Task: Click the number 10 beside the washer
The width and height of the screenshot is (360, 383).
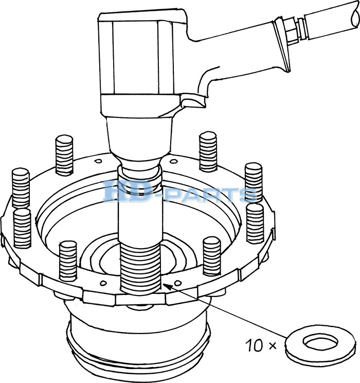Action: click(254, 345)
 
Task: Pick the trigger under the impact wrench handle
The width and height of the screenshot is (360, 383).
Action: click(193, 101)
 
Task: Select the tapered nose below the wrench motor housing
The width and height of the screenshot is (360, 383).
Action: click(139, 139)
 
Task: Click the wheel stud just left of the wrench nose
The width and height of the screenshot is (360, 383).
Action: click(64, 155)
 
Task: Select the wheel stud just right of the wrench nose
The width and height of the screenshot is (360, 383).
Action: click(208, 151)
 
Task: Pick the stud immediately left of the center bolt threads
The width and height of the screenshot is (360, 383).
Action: click(68, 261)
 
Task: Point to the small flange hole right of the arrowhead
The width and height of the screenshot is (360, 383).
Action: click(178, 283)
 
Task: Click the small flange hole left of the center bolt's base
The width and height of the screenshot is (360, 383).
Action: click(103, 283)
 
